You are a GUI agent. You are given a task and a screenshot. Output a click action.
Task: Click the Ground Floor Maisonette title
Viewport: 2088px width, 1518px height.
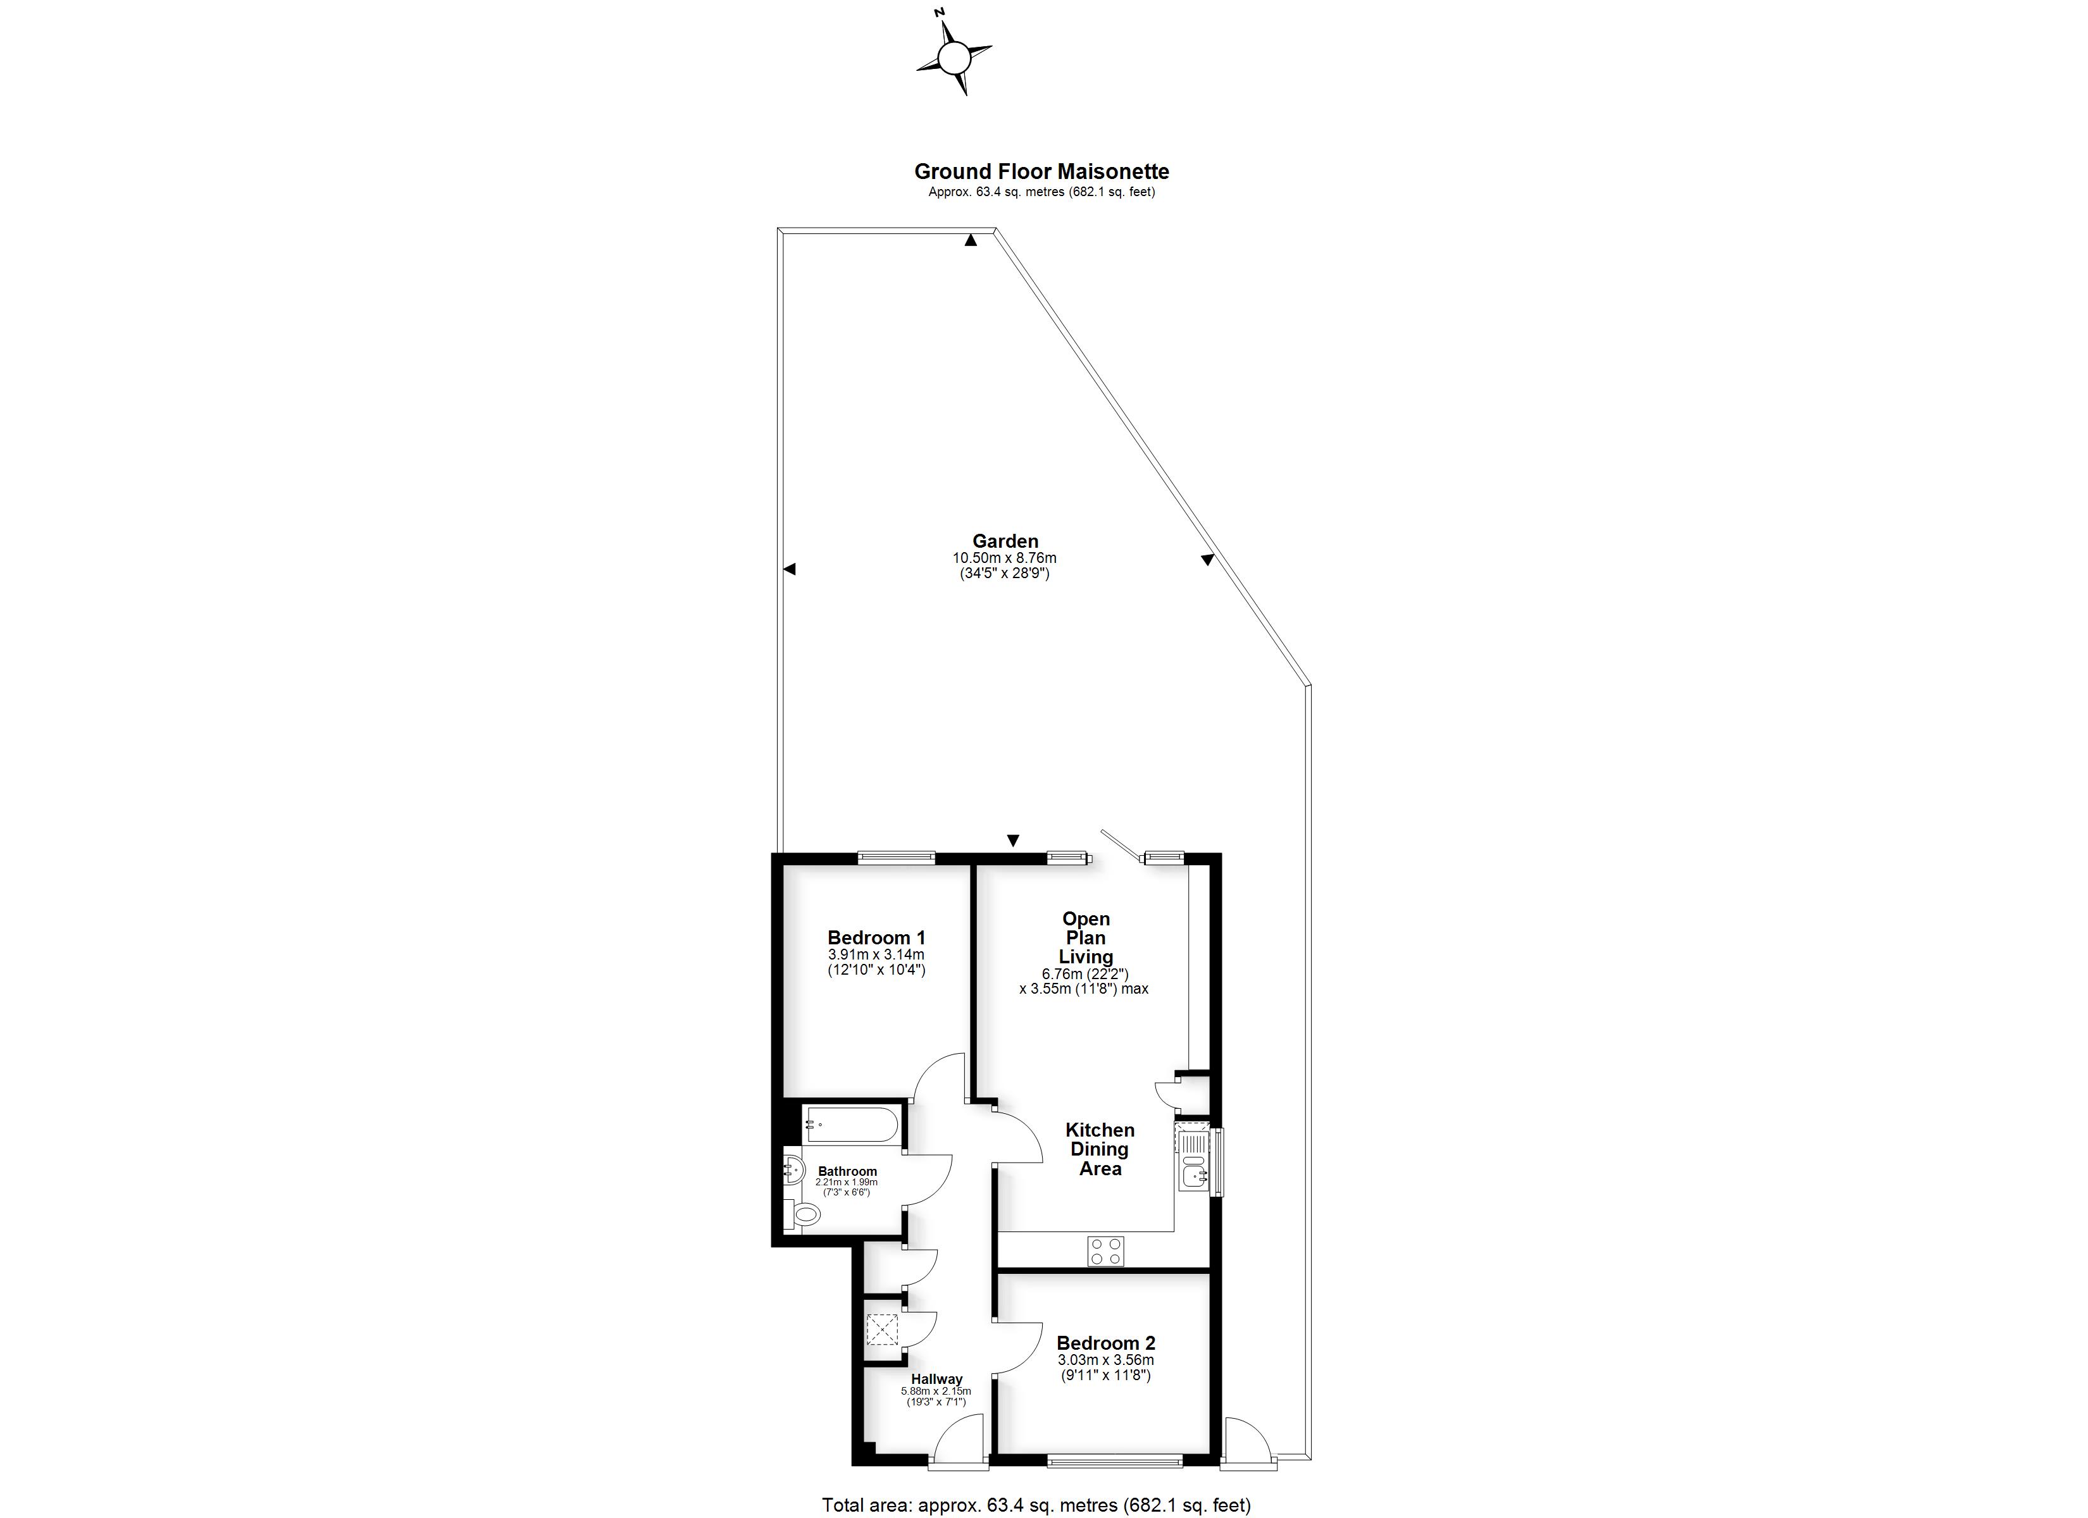[1041, 171]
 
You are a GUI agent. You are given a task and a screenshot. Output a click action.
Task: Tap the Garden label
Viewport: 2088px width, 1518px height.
[1005, 541]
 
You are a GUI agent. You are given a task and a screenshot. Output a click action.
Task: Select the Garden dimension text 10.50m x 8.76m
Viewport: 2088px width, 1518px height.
[1004, 558]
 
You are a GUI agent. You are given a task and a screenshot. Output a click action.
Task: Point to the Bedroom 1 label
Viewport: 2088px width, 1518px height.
[876, 938]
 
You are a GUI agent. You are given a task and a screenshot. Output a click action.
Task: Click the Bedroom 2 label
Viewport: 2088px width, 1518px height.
[1105, 1343]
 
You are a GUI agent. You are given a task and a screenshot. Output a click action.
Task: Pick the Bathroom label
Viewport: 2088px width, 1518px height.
[847, 1172]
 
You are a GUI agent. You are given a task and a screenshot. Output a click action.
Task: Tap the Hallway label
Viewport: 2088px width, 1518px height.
[936, 1379]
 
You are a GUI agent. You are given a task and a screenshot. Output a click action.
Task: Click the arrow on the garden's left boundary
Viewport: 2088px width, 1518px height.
[789, 570]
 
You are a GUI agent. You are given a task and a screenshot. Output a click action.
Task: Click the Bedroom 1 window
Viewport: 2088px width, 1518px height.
[896, 858]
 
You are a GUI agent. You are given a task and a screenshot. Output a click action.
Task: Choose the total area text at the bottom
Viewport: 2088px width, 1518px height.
[1036, 1505]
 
